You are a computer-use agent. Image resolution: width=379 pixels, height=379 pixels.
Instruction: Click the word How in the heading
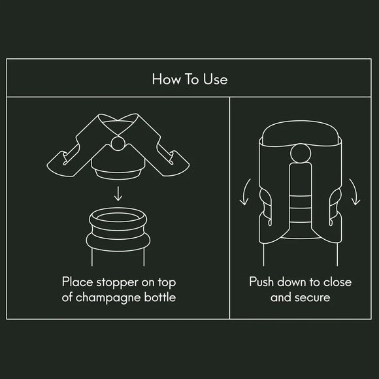[x=167, y=79]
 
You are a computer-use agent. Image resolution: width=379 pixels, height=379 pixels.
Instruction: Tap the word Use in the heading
[x=215, y=79]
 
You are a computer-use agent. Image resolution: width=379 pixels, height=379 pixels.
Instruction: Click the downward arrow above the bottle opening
[x=118, y=193]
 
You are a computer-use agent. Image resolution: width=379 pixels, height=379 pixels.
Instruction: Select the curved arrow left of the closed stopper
[x=245, y=192]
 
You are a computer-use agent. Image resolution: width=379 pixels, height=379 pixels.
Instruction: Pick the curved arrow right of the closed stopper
[x=355, y=192]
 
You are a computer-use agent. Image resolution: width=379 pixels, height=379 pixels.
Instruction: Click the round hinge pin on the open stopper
[x=118, y=143]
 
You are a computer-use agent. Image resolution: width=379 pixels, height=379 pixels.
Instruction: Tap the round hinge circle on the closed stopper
[x=301, y=153]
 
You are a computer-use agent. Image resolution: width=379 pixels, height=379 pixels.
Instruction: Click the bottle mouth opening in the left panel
[x=118, y=217]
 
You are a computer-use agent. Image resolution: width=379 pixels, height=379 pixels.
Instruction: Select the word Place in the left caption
[x=77, y=282]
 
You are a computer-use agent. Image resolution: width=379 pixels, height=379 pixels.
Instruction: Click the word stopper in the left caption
[x=117, y=283]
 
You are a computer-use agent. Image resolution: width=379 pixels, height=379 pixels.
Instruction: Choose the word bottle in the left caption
[x=160, y=297]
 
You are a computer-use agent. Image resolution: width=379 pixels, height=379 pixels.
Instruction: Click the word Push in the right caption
[x=261, y=282]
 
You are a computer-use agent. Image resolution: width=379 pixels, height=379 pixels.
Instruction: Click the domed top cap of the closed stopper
[x=301, y=133]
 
